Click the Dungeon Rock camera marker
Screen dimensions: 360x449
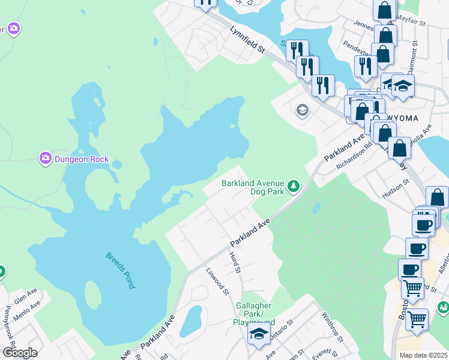coord(46,159)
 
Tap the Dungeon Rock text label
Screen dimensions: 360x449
coord(82,159)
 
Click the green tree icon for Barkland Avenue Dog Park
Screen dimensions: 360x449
coord(293,187)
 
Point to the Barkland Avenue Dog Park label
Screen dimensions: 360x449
coord(252,187)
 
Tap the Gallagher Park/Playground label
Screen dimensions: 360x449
coord(254,314)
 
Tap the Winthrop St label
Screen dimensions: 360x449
coord(331,326)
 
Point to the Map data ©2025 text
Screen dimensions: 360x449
coord(423,355)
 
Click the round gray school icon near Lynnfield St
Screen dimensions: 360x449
coord(301,110)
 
